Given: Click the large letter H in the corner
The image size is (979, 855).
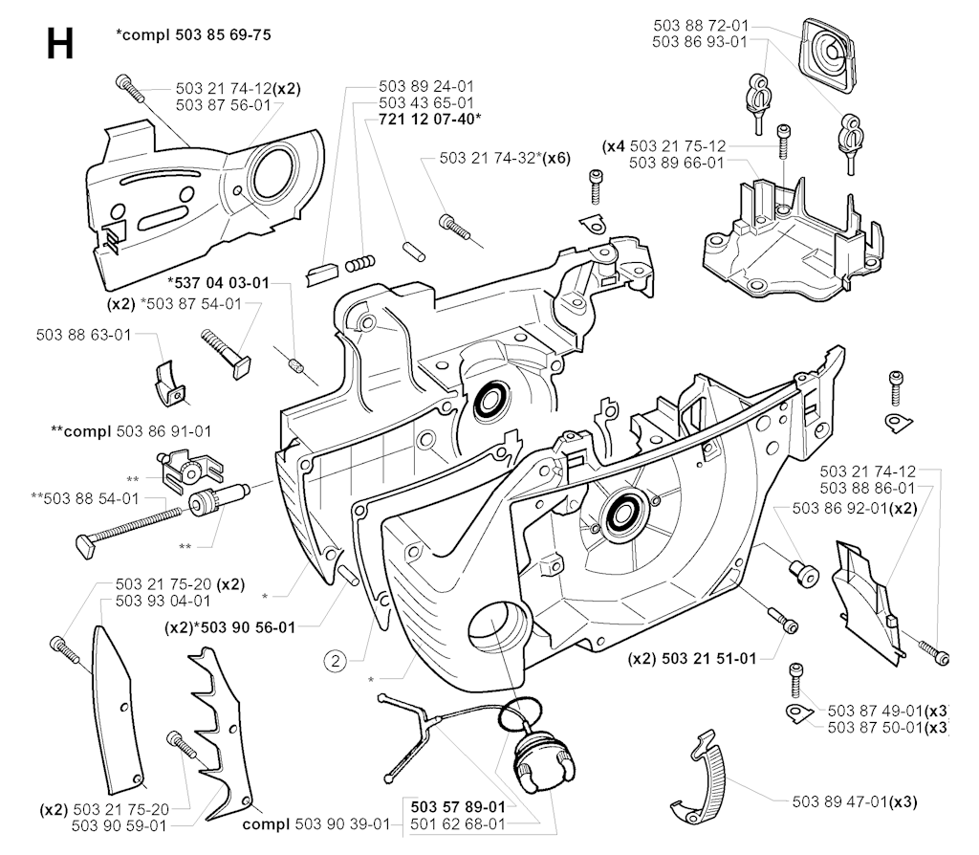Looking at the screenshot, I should (x=59, y=44).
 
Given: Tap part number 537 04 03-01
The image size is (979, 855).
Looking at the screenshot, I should (x=218, y=283).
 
